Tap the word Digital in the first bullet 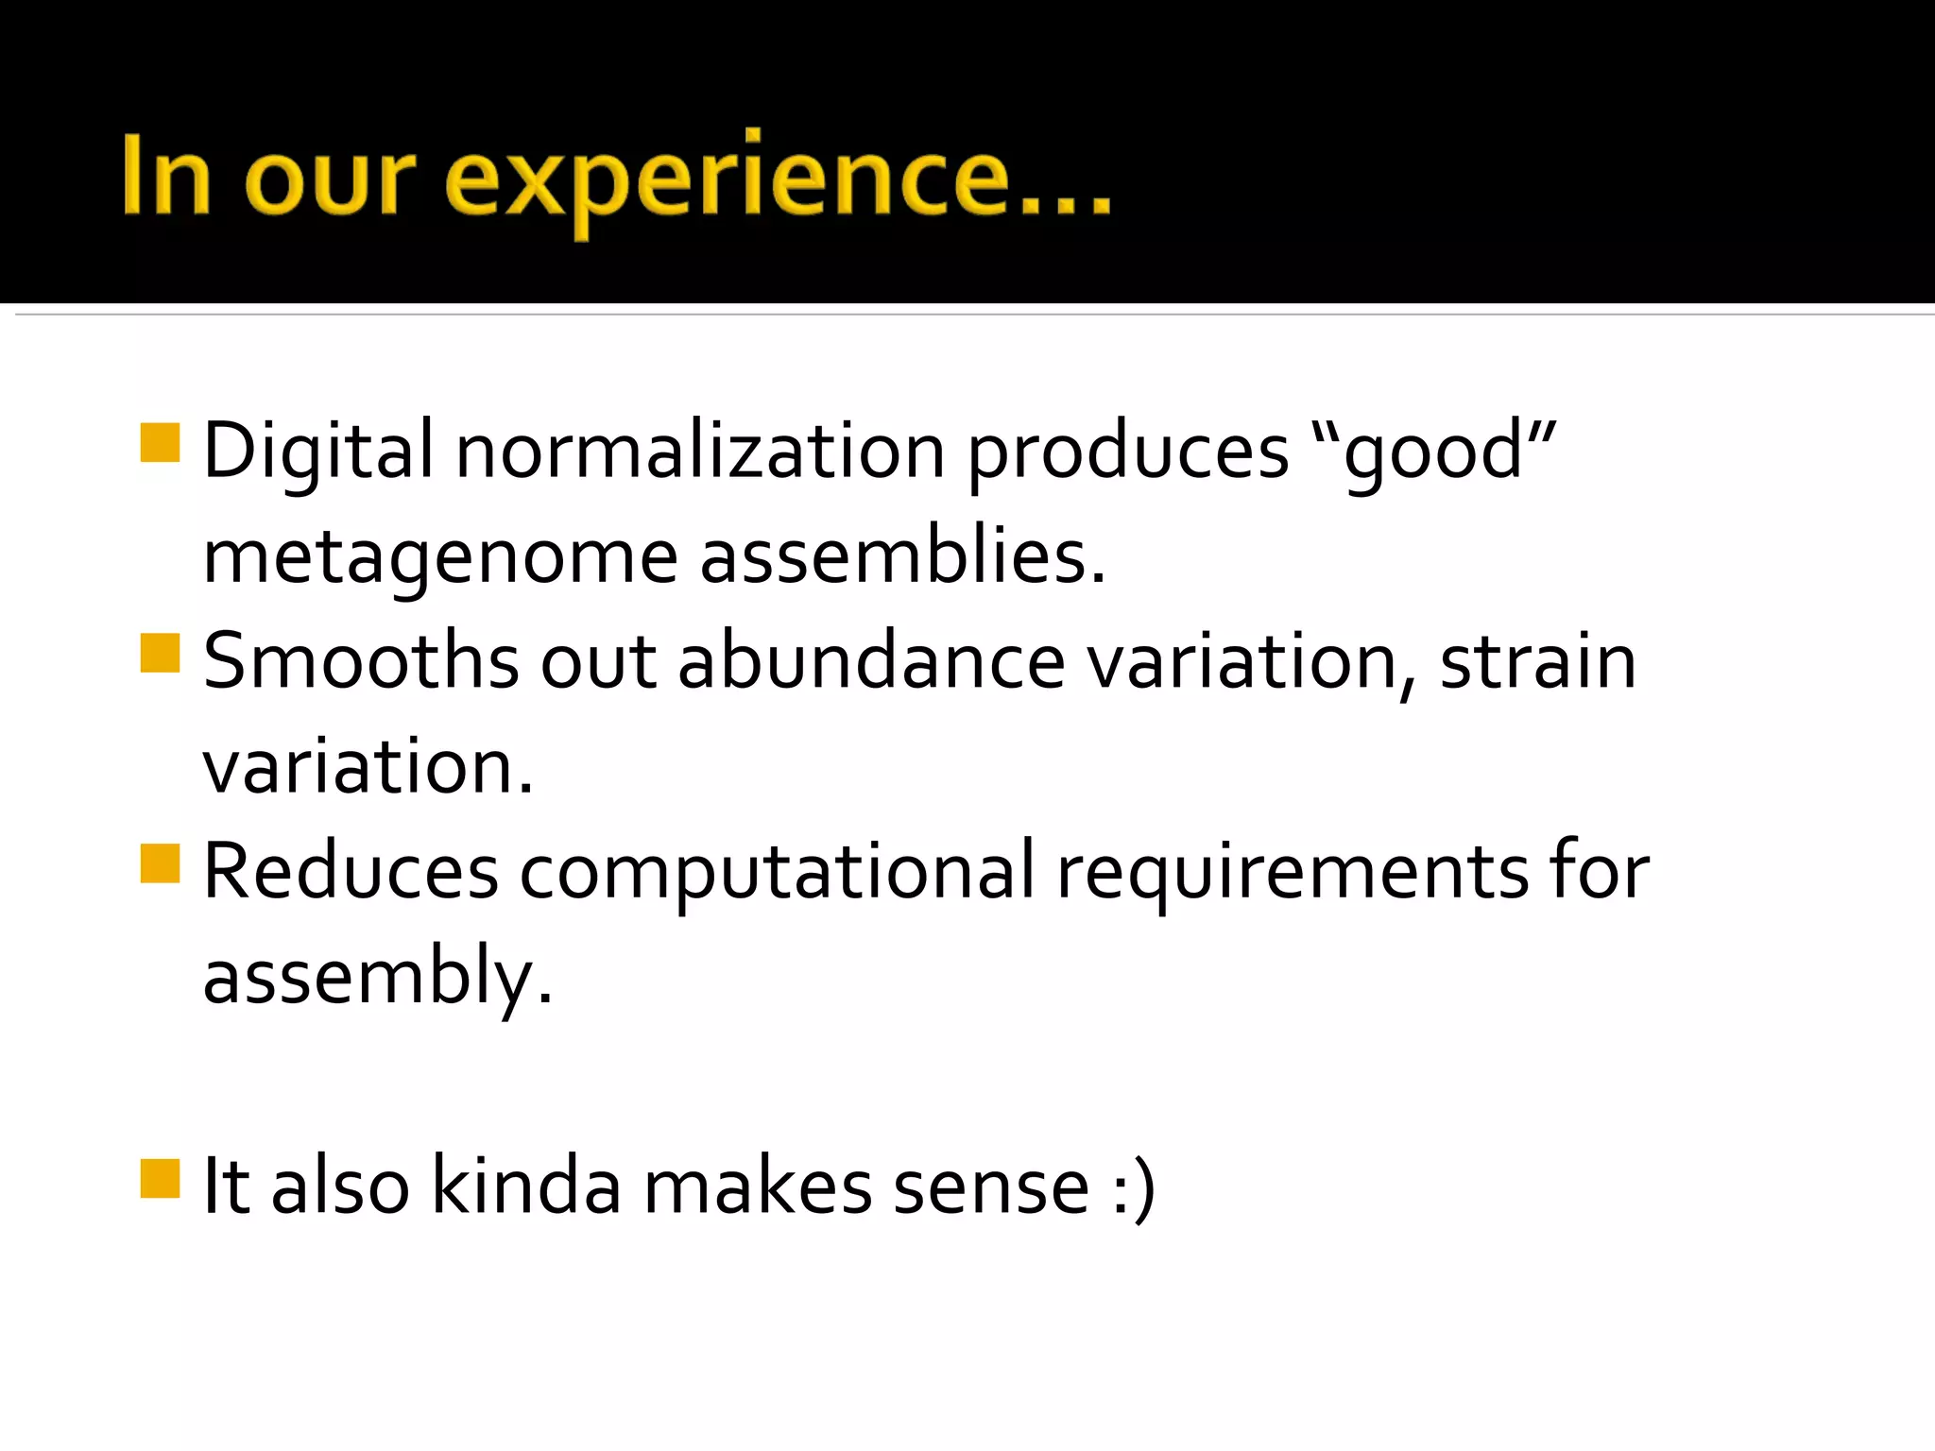point(317,451)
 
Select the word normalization point(700,451)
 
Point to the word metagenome point(440,557)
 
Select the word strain point(1537,660)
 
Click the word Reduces point(351,870)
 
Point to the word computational point(777,872)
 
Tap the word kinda point(526,1186)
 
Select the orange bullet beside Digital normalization point(160,443)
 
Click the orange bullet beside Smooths point(160,653)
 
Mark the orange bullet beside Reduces point(160,862)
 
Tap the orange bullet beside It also point(160,1178)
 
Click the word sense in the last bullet point(991,1187)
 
